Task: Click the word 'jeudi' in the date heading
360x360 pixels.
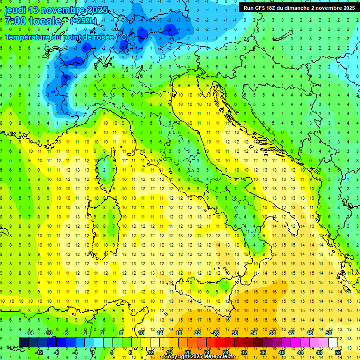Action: pyautogui.click(x=15, y=10)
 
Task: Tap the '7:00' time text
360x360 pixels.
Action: pyautogui.click(x=16, y=21)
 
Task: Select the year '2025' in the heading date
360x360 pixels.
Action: pyautogui.click(x=97, y=10)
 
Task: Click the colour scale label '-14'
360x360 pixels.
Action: pyautogui.click(x=30, y=333)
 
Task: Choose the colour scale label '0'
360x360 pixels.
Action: pyautogui.click(x=93, y=352)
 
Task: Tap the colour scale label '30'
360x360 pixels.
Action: pyautogui.click(x=235, y=333)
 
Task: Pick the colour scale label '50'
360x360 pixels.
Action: pyautogui.click(x=329, y=333)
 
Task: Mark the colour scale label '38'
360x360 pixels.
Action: pyautogui.click(x=272, y=333)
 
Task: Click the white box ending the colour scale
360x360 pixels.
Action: pyautogui.click(x=333, y=342)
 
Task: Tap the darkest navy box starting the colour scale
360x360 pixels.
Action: pyautogui.click(x=23, y=342)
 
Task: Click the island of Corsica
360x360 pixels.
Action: pyautogui.click(x=109, y=167)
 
